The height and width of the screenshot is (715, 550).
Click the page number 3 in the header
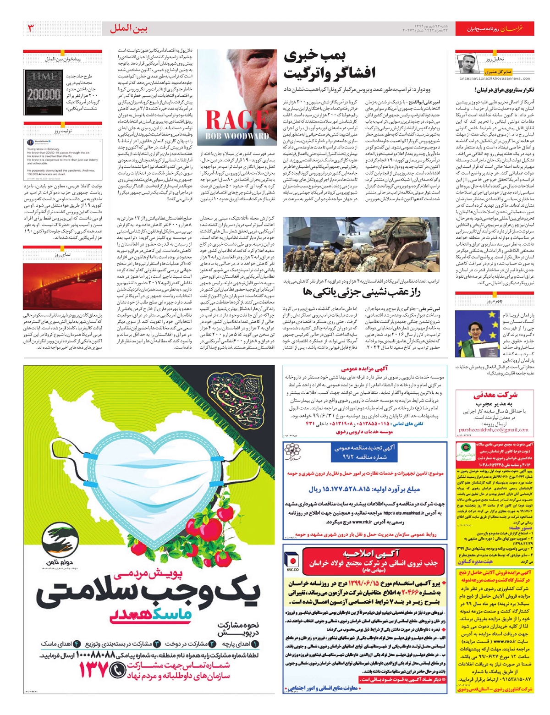pyautogui.click(x=31, y=28)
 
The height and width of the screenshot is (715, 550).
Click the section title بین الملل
pyautogui.click(x=129, y=29)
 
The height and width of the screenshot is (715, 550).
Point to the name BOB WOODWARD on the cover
pyautogui.click(x=237, y=136)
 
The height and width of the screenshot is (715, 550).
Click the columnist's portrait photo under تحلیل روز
pyautogui.click(x=467, y=63)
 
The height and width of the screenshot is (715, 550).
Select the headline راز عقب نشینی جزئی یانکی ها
pyautogui.click(x=362, y=292)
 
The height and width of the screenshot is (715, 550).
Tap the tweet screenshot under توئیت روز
pyautogui.click(x=63, y=159)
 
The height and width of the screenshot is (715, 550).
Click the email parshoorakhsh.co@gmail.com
pyautogui.click(x=493, y=430)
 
